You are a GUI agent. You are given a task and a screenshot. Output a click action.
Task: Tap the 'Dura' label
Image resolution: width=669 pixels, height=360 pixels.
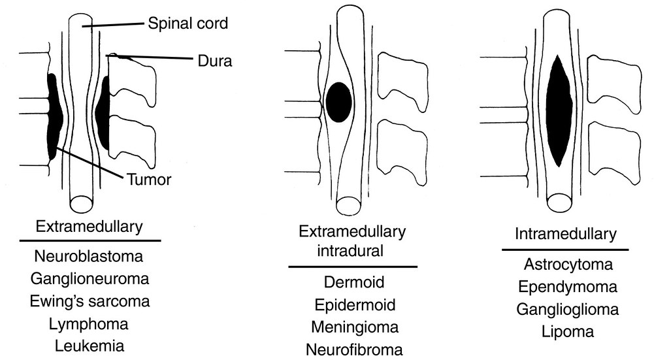(x=215, y=61)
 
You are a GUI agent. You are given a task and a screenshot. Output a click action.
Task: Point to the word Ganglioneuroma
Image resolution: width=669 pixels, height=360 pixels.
(x=90, y=279)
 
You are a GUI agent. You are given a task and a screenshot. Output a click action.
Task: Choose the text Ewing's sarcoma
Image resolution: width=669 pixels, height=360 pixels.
(x=90, y=301)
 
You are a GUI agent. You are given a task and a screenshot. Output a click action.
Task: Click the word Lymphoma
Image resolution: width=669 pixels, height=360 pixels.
(x=90, y=323)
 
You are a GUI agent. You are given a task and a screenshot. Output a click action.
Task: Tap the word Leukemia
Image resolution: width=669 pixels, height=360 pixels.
(x=90, y=345)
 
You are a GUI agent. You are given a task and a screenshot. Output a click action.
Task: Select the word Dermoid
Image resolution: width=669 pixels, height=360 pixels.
(x=354, y=283)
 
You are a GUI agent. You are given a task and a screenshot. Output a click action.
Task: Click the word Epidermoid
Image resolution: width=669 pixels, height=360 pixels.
(x=354, y=305)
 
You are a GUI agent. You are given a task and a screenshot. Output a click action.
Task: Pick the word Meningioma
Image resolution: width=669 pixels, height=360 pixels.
(x=354, y=327)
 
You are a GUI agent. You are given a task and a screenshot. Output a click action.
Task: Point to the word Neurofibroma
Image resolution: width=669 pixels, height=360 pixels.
(x=354, y=349)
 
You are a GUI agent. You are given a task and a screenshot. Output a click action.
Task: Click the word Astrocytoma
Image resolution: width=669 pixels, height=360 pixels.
(x=568, y=265)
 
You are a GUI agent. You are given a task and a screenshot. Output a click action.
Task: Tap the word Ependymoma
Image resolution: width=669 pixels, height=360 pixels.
(x=568, y=287)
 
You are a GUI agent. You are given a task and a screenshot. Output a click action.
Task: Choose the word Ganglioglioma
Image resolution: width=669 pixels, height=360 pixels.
(x=568, y=309)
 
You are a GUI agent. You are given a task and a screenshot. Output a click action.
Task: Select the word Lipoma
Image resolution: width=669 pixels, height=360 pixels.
(x=568, y=331)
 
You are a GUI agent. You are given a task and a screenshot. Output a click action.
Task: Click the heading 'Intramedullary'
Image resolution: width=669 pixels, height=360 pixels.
(x=564, y=233)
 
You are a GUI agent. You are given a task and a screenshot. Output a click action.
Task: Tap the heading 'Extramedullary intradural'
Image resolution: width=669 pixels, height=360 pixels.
(x=352, y=241)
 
